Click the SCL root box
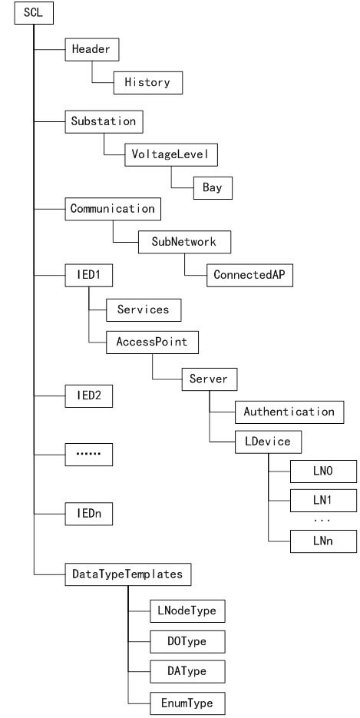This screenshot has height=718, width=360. (x=34, y=13)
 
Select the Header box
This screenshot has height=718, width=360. (x=92, y=49)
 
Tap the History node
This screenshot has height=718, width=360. (x=147, y=83)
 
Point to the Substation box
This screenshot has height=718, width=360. (x=104, y=122)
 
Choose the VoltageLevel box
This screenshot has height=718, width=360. (x=171, y=155)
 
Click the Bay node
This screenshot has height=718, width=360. (x=213, y=187)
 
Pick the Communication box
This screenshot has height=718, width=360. (x=113, y=210)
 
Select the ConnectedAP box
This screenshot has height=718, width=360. (x=249, y=276)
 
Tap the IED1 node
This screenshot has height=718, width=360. (x=89, y=276)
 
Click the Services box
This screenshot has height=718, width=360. (x=144, y=310)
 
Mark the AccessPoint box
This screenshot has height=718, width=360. (x=152, y=342)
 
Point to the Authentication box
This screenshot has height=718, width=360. (x=289, y=412)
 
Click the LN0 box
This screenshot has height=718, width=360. (x=323, y=471)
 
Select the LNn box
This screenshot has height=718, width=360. (x=323, y=541)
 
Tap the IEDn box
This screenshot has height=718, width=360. (x=89, y=514)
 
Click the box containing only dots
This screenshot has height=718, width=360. (x=89, y=455)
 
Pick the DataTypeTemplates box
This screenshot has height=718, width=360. (x=128, y=574)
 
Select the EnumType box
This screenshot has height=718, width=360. (x=187, y=704)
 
